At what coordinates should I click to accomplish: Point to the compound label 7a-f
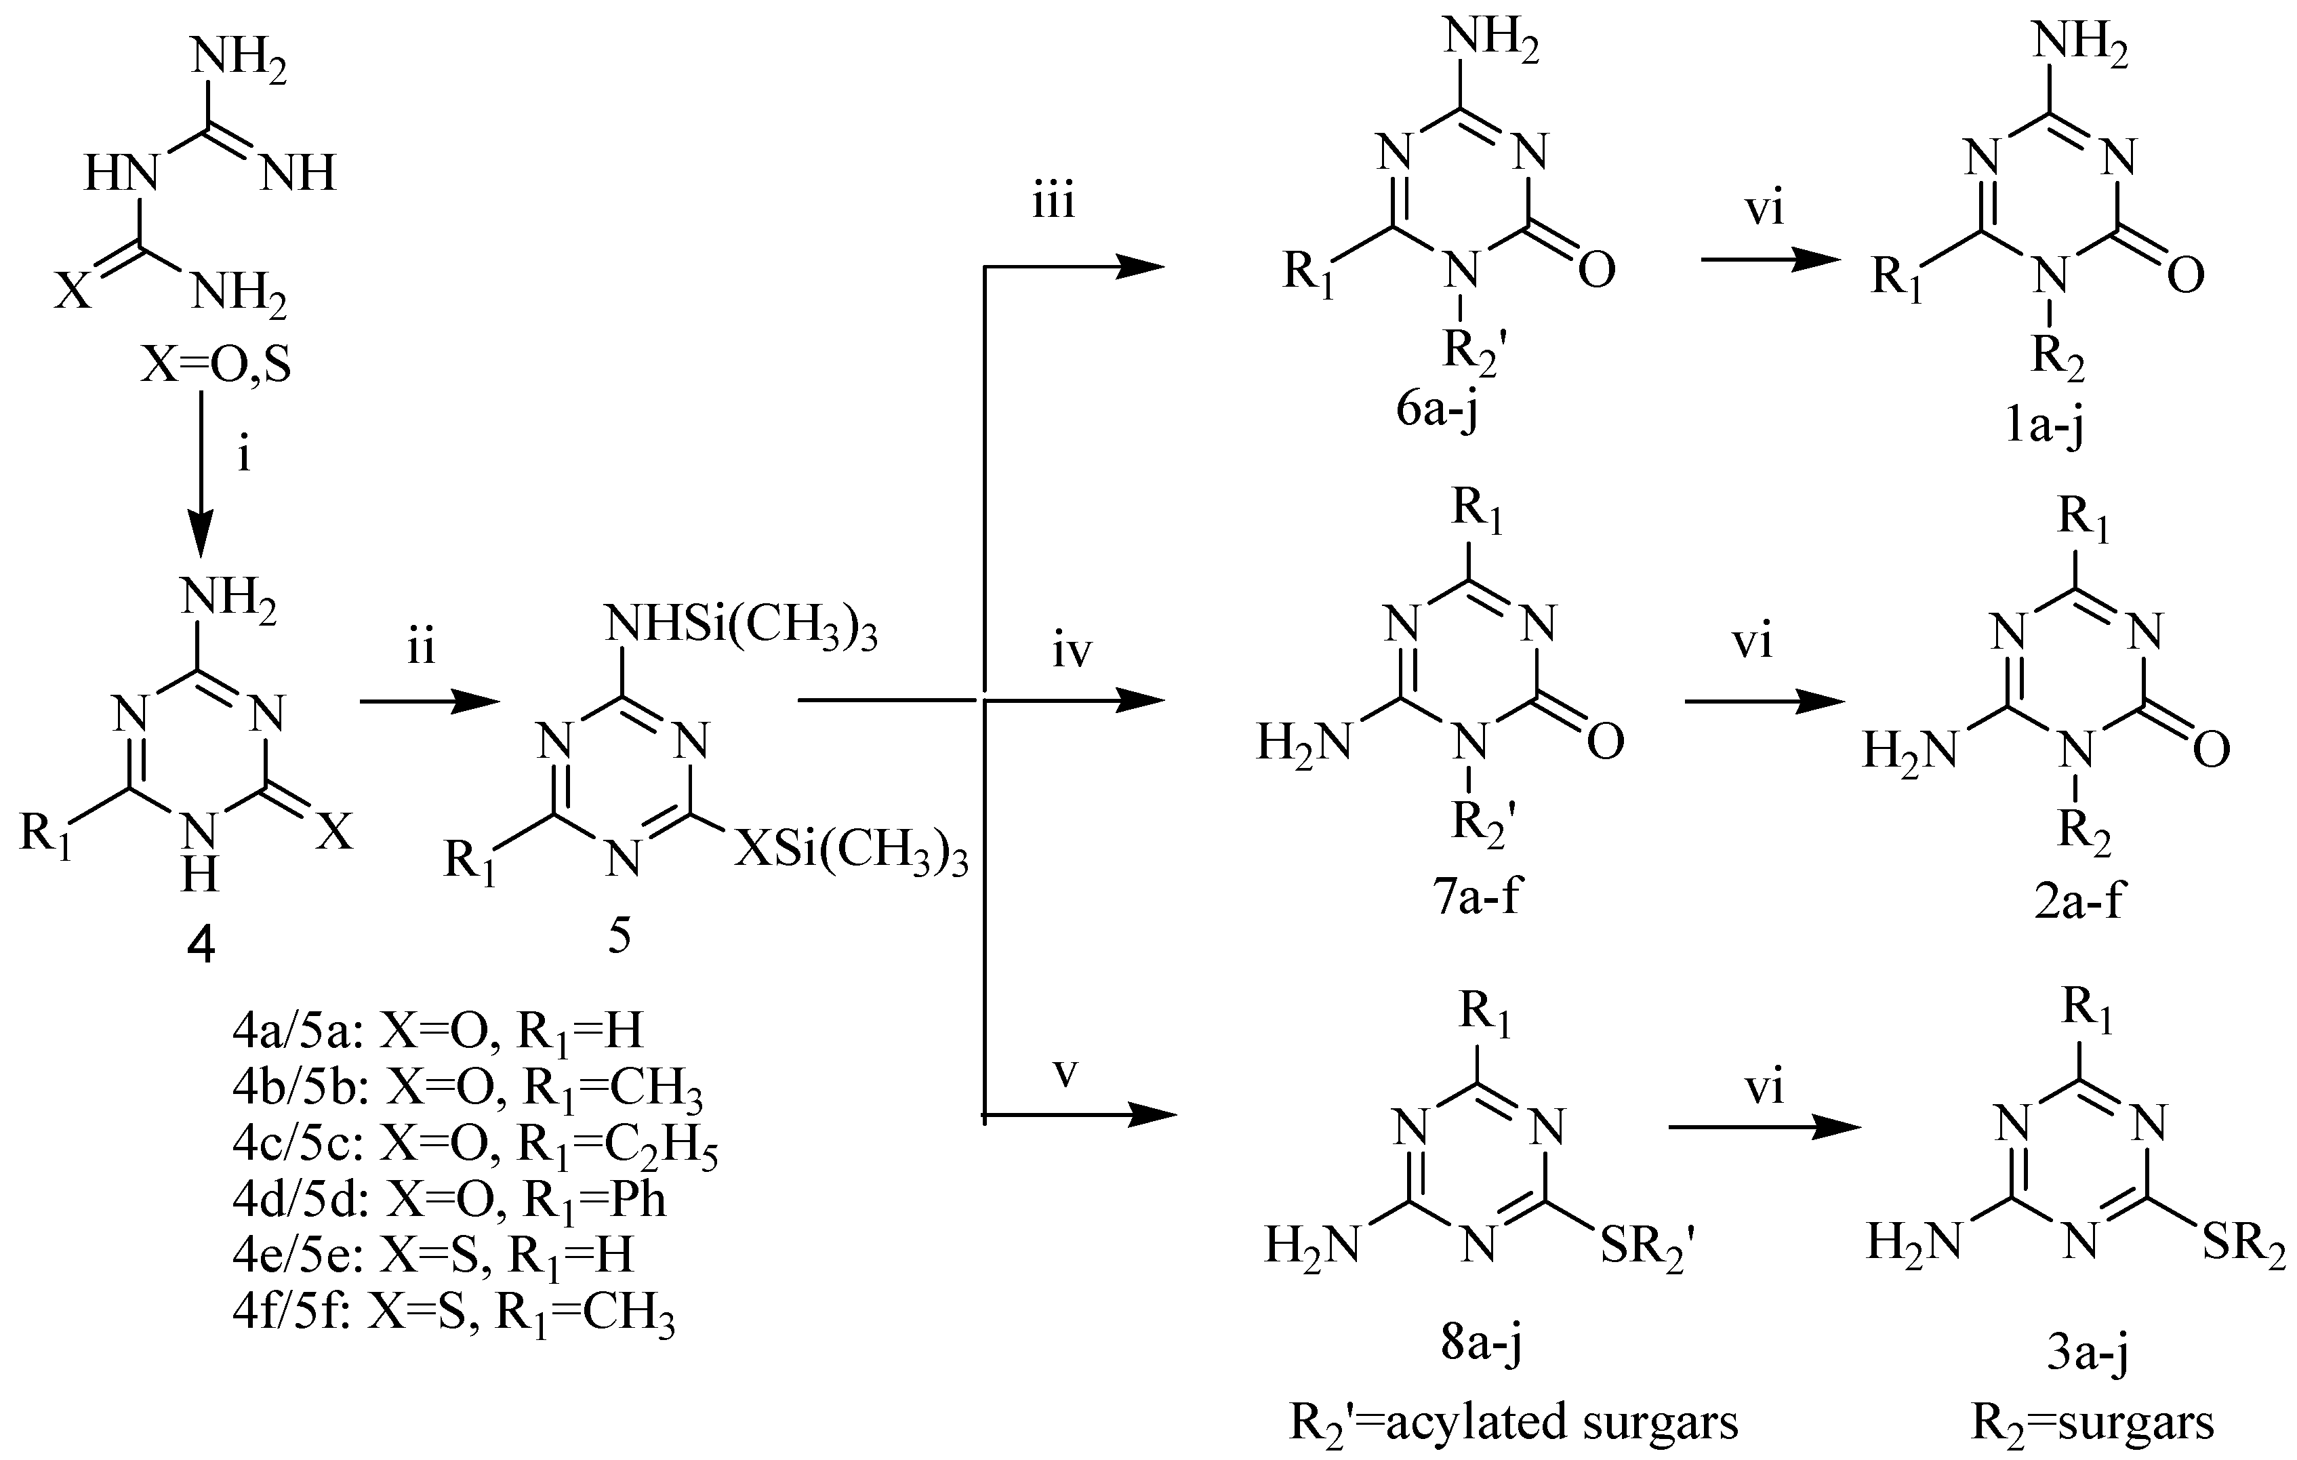tap(1476, 897)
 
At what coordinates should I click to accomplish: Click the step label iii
tap(1053, 203)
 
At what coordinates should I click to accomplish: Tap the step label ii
tap(421, 649)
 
